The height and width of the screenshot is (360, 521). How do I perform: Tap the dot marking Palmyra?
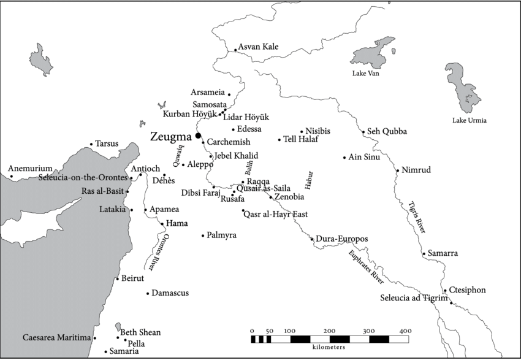(x=203, y=235)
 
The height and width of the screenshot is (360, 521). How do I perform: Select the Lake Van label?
(x=366, y=74)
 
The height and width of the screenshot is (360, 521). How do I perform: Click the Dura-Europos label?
(x=342, y=239)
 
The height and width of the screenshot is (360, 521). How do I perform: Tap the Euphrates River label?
(x=366, y=266)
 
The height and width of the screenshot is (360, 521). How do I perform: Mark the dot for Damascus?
(x=148, y=293)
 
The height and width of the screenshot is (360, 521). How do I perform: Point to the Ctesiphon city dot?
(x=445, y=291)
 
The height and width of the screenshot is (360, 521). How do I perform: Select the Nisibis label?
(x=318, y=131)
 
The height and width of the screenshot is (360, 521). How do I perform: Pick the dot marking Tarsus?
(x=91, y=144)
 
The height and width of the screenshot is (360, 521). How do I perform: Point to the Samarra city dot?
(x=424, y=253)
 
